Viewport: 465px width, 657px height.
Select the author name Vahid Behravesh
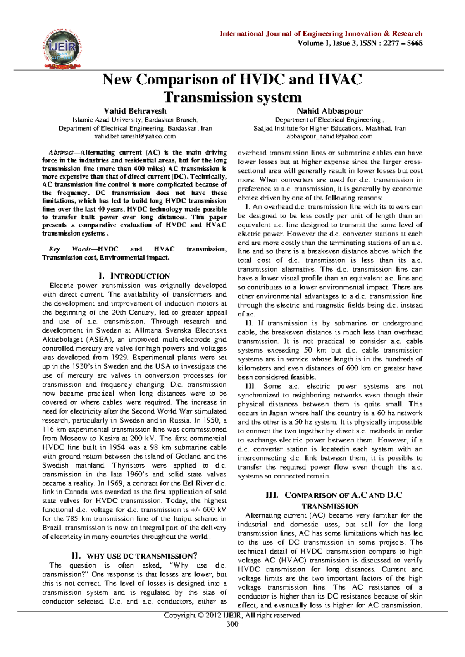tap(135, 111)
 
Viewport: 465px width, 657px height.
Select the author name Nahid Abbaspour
tap(329, 111)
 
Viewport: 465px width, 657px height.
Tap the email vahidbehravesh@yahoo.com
tap(135, 136)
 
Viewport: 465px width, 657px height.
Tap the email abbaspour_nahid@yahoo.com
tap(329, 136)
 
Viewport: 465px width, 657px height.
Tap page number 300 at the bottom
tap(232, 624)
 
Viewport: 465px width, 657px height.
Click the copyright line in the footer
tap(232, 615)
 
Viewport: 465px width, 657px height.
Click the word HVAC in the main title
tap(340, 79)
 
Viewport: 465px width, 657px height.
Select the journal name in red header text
tap(321, 34)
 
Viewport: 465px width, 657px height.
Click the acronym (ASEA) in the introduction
tap(99, 340)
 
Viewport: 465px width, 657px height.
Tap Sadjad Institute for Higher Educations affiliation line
tap(329, 128)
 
